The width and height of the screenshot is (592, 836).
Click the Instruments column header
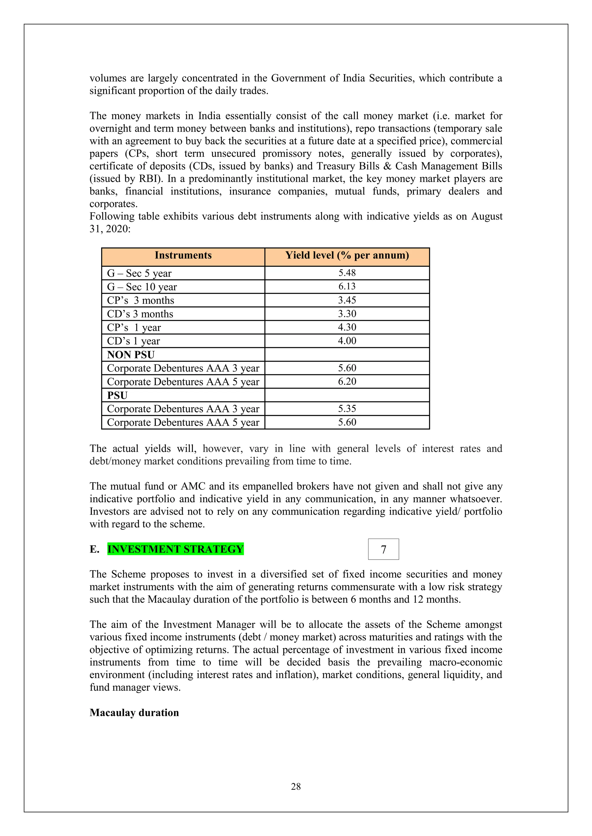[x=183, y=255]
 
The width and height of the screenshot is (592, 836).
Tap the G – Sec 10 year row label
[x=142, y=287]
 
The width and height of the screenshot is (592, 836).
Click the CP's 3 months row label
[x=140, y=300]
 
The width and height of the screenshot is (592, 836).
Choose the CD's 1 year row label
[x=134, y=341]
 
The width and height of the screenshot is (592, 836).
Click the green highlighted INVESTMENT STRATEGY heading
[x=175, y=549]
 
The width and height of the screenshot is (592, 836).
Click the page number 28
[x=296, y=787]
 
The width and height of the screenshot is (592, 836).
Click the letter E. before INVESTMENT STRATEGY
[x=95, y=549]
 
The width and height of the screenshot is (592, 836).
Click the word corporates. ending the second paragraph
[x=113, y=204]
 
